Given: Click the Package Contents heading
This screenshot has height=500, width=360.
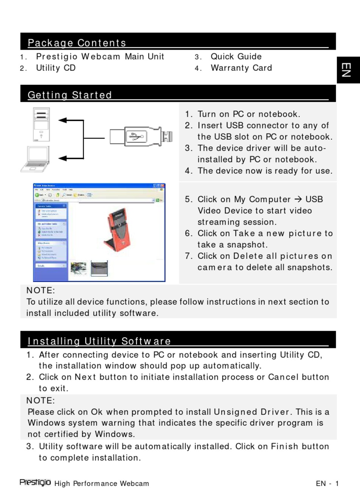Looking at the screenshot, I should click(x=77, y=43).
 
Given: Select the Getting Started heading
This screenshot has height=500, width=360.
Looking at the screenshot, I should click(x=70, y=95).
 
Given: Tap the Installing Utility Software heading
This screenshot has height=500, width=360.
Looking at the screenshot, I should click(x=99, y=341).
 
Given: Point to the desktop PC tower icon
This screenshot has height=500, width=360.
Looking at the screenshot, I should click(x=41, y=124).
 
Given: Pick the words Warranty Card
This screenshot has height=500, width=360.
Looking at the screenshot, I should click(x=241, y=68).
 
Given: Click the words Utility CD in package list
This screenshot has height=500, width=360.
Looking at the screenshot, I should click(x=56, y=68).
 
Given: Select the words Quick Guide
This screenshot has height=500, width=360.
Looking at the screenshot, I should click(x=236, y=57).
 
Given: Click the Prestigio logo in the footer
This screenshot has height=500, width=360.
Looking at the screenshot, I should click(x=35, y=482).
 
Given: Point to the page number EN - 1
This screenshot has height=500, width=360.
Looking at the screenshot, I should click(x=327, y=484).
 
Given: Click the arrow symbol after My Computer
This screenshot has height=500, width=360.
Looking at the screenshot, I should click(x=298, y=199).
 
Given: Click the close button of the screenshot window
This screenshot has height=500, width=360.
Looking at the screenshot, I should click(x=163, y=186).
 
